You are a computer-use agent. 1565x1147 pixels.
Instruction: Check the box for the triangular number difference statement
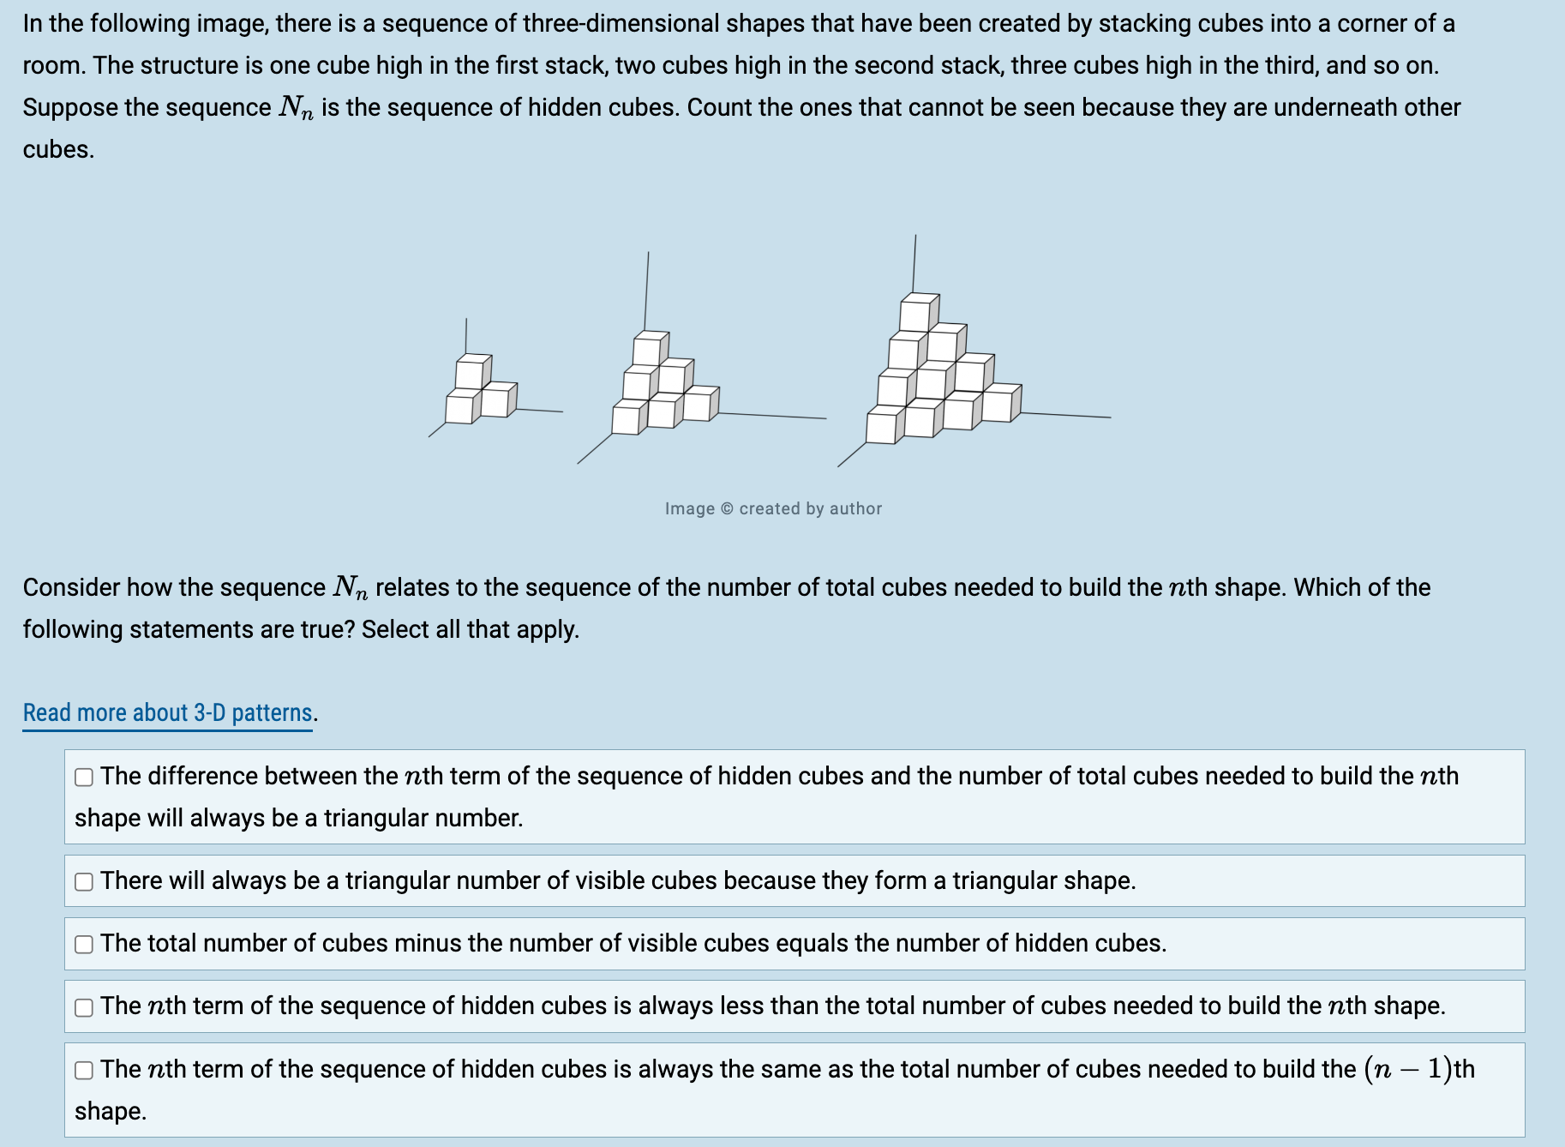(x=84, y=778)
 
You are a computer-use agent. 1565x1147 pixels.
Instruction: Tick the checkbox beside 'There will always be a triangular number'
(x=84, y=882)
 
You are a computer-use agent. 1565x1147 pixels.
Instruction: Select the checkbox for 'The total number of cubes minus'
(x=84, y=945)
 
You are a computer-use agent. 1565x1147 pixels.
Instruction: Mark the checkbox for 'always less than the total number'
(x=84, y=1007)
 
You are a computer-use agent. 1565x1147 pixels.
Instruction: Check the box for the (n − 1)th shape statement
(x=84, y=1070)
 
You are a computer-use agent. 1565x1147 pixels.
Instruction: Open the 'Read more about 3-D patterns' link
(x=167, y=713)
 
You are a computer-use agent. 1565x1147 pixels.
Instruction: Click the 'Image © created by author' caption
(x=773, y=508)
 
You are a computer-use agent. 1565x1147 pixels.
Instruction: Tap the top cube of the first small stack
(x=471, y=373)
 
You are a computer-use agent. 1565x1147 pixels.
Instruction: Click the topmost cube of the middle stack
(x=649, y=350)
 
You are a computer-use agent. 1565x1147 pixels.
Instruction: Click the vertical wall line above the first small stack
(x=466, y=334)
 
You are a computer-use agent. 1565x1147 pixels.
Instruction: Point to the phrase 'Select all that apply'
(x=470, y=629)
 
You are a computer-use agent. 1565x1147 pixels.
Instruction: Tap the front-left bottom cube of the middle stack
(x=627, y=420)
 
